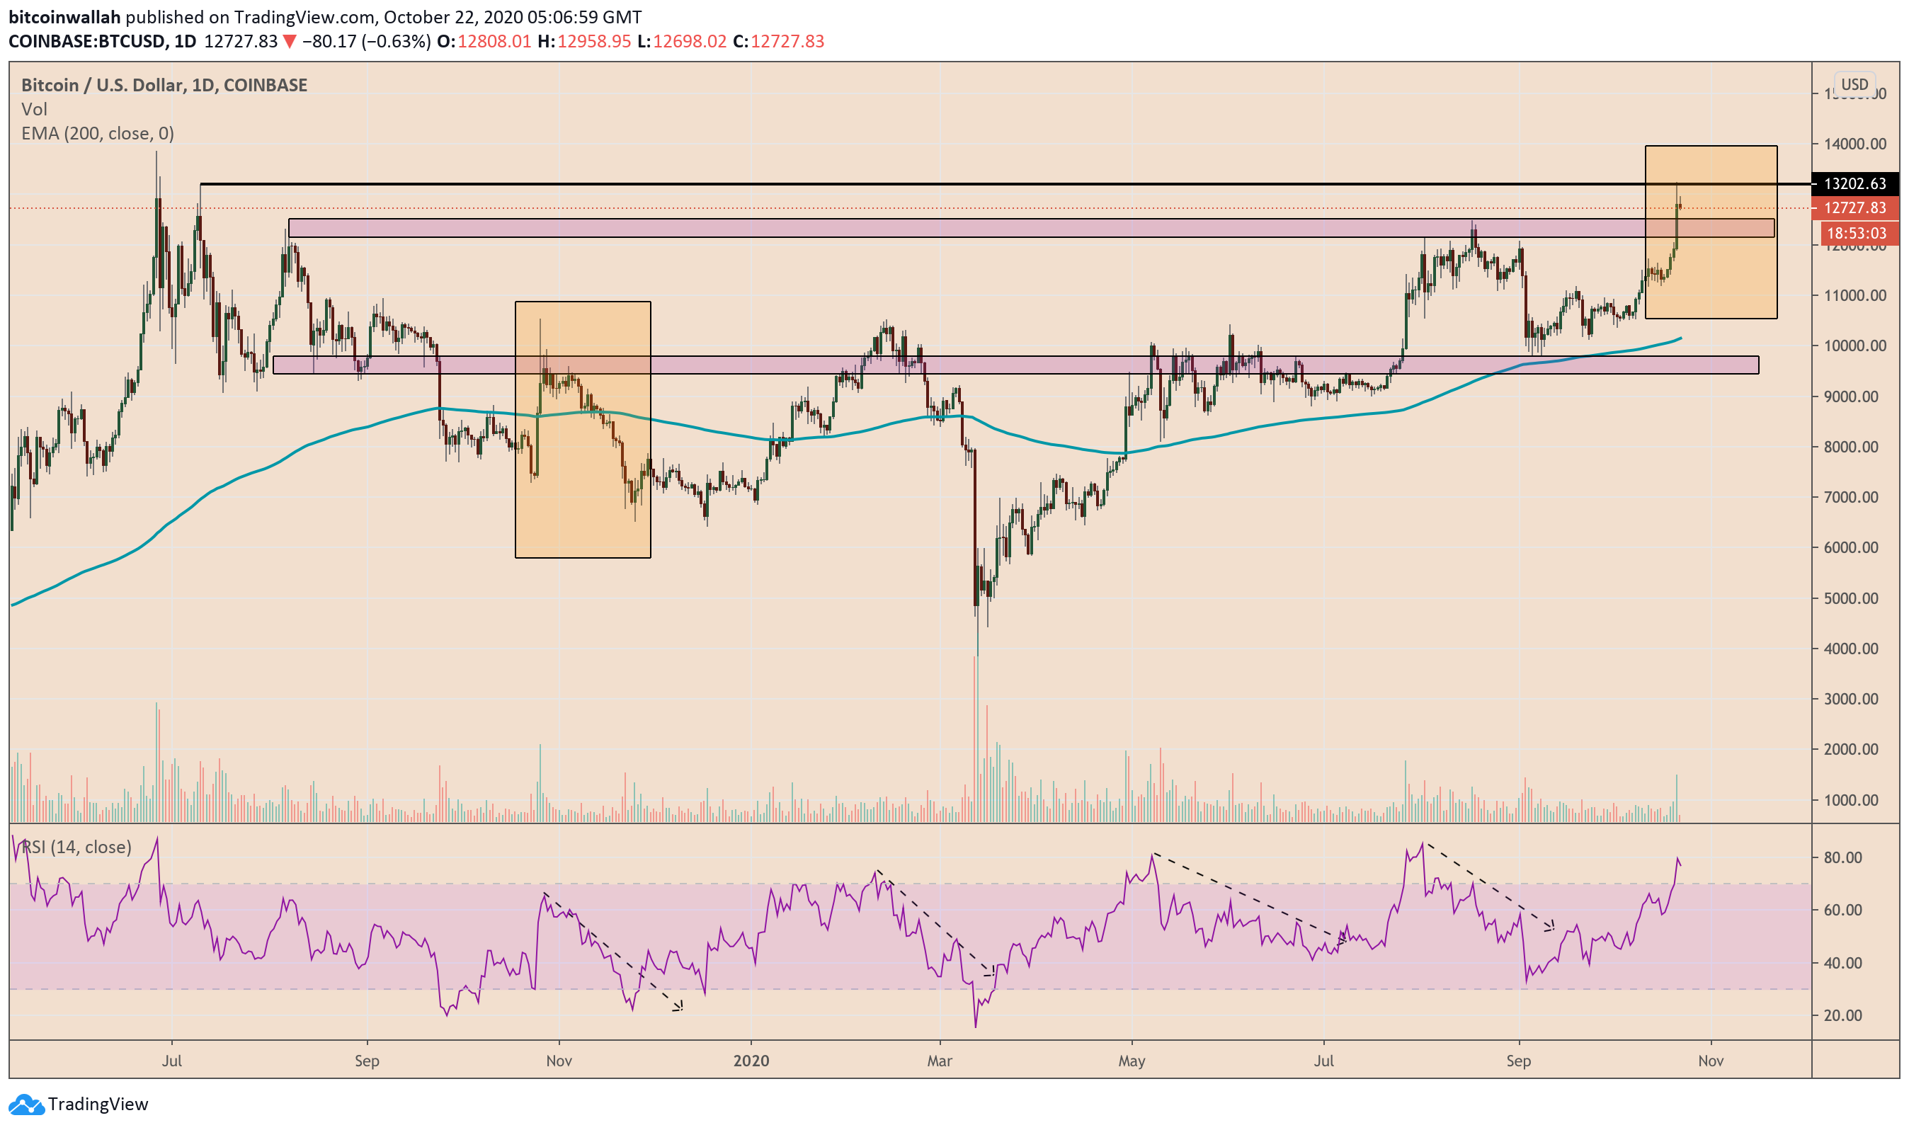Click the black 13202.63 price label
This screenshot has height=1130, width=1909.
pos(1854,183)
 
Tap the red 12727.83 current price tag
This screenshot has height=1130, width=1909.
pos(1854,208)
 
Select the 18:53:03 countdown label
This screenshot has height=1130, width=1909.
pos(1856,233)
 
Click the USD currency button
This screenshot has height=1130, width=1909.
pos(1854,84)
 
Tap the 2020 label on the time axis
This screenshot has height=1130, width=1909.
pos(751,1061)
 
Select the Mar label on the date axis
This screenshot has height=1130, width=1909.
pos(940,1061)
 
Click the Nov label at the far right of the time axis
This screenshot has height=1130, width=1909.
pos(1710,1061)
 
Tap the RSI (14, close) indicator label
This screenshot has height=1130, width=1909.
pos(76,847)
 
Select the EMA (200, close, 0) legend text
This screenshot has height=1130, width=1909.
pos(98,133)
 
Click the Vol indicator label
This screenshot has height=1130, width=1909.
pos(34,109)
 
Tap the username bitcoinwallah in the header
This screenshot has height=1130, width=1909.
pos(64,17)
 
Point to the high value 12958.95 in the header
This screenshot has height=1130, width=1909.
pos(594,41)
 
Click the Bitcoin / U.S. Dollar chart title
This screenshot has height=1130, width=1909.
pos(164,84)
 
